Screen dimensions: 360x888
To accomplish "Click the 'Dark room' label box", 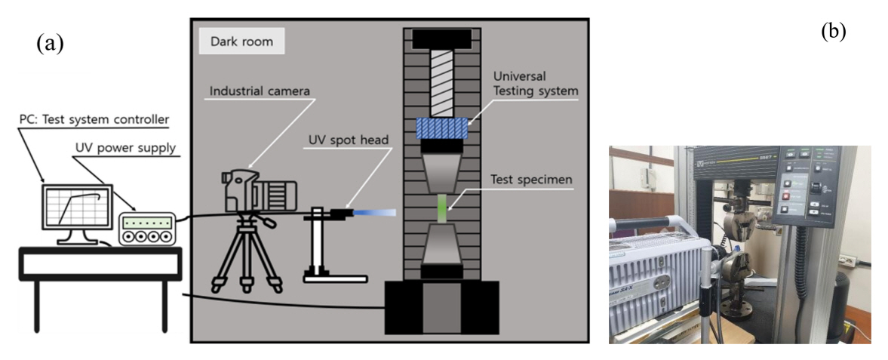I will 241,42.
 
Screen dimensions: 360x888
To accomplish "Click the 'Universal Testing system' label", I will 536,84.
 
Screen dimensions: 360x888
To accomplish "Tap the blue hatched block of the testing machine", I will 443,128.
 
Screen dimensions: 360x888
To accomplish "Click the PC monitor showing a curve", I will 75,208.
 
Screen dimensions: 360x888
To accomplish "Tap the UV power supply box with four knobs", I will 147,229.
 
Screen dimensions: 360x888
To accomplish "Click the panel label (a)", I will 50,44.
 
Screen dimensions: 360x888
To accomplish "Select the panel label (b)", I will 833,32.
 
